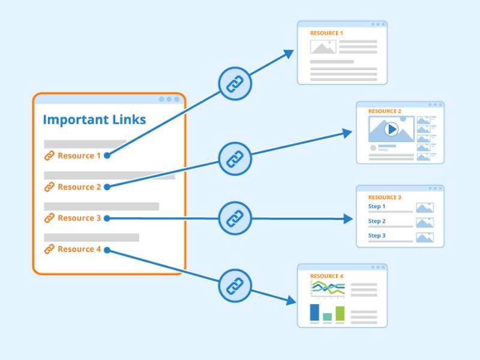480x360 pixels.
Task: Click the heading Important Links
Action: (x=94, y=119)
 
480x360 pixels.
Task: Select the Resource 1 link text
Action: (x=79, y=155)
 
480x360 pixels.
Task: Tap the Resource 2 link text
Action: (x=79, y=187)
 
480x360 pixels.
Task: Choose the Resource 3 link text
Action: (x=79, y=218)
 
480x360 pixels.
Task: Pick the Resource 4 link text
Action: (x=79, y=249)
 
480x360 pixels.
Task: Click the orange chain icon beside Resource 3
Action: (x=49, y=218)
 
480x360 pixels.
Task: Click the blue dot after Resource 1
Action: (x=107, y=155)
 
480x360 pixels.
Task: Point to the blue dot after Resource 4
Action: (x=107, y=249)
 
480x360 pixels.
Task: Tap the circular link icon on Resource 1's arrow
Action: (x=235, y=83)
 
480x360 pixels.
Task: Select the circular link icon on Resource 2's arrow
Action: (x=235, y=159)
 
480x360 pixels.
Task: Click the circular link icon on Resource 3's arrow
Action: (x=235, y=218)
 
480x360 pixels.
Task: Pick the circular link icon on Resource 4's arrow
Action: (x=235, y=284)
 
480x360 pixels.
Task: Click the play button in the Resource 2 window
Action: (x=391, y=128)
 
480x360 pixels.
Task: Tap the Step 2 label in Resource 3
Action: (x=377, y=221)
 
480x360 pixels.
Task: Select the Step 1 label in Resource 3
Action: (x=377, y=206)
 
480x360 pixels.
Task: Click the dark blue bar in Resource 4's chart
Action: (x=314, y=313)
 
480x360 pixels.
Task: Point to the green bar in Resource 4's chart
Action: (x=340, y=313)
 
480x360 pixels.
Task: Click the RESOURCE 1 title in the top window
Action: (x=326, y=33)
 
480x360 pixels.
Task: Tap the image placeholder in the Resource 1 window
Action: (x=323, y=47)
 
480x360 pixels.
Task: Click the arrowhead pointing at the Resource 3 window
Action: (x=348, y=219)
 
